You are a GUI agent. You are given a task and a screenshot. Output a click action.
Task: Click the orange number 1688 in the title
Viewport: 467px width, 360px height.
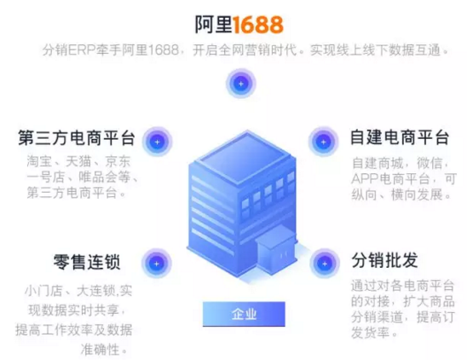258,25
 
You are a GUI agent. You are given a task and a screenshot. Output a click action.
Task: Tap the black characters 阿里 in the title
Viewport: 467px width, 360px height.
214,25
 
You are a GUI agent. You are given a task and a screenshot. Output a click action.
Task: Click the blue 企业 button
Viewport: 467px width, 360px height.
244,314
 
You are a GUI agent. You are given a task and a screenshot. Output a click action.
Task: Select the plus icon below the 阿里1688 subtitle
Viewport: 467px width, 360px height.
241,84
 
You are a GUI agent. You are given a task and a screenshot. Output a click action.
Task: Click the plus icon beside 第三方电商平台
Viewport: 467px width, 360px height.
158,142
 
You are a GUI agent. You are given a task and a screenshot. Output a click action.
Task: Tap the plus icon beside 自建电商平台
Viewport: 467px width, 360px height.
324,142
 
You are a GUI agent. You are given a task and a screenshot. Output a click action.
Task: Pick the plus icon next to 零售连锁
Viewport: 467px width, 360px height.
156,264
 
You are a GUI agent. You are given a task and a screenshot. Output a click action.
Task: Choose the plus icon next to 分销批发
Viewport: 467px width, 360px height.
325,264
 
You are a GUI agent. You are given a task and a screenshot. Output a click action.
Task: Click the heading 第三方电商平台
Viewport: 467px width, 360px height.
77,137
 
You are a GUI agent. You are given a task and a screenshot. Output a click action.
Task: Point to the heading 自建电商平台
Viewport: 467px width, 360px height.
400,137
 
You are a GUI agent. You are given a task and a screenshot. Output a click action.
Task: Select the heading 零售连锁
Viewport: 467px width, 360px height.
87,262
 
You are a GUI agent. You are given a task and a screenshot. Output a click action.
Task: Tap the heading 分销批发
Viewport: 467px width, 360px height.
384,260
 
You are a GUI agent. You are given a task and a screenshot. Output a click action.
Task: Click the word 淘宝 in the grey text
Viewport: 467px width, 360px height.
39,162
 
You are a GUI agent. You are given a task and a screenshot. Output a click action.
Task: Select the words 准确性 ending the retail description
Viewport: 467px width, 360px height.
100,350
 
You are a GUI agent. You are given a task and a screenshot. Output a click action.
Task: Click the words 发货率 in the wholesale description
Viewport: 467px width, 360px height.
371,332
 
